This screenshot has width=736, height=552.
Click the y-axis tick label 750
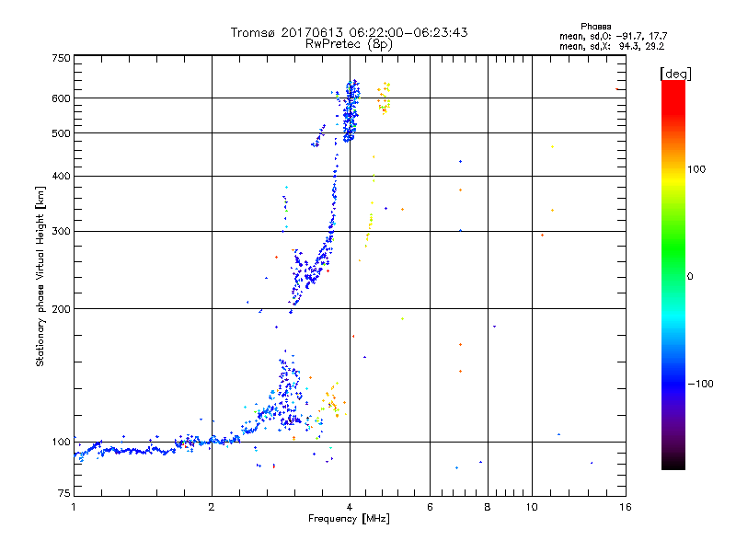[61, 58]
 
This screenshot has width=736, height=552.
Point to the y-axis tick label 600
[61, 98]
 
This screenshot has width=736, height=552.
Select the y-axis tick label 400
[61, 176]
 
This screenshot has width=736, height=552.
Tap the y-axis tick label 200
[61, 309]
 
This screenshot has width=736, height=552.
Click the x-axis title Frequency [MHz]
[349, 520]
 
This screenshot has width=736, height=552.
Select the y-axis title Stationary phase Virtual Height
[40, 277]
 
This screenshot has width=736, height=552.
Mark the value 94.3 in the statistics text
[627, 44]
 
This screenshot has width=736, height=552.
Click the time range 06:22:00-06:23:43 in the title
[405, 32]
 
